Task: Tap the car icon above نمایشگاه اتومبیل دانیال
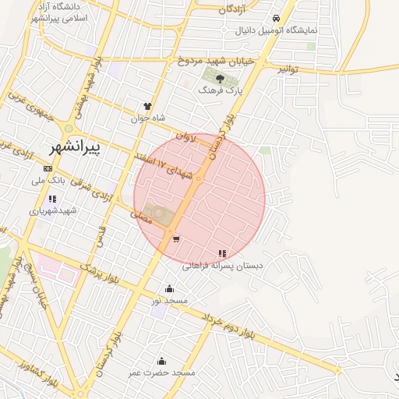tap(276, 19)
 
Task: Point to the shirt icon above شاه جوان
tap(147, 106)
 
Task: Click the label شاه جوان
tap(147, 119)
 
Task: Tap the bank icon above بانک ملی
tap(48, 168)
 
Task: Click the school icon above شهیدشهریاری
tap(52, 199)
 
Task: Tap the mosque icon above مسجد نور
tap(169, 289)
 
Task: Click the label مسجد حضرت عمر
tap(162, 373)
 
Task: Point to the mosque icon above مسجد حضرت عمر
tap(161, 361)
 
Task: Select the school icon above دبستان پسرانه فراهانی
tap(223, 253)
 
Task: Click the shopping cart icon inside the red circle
tap(176, 238)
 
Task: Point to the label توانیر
tap(288, 69)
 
